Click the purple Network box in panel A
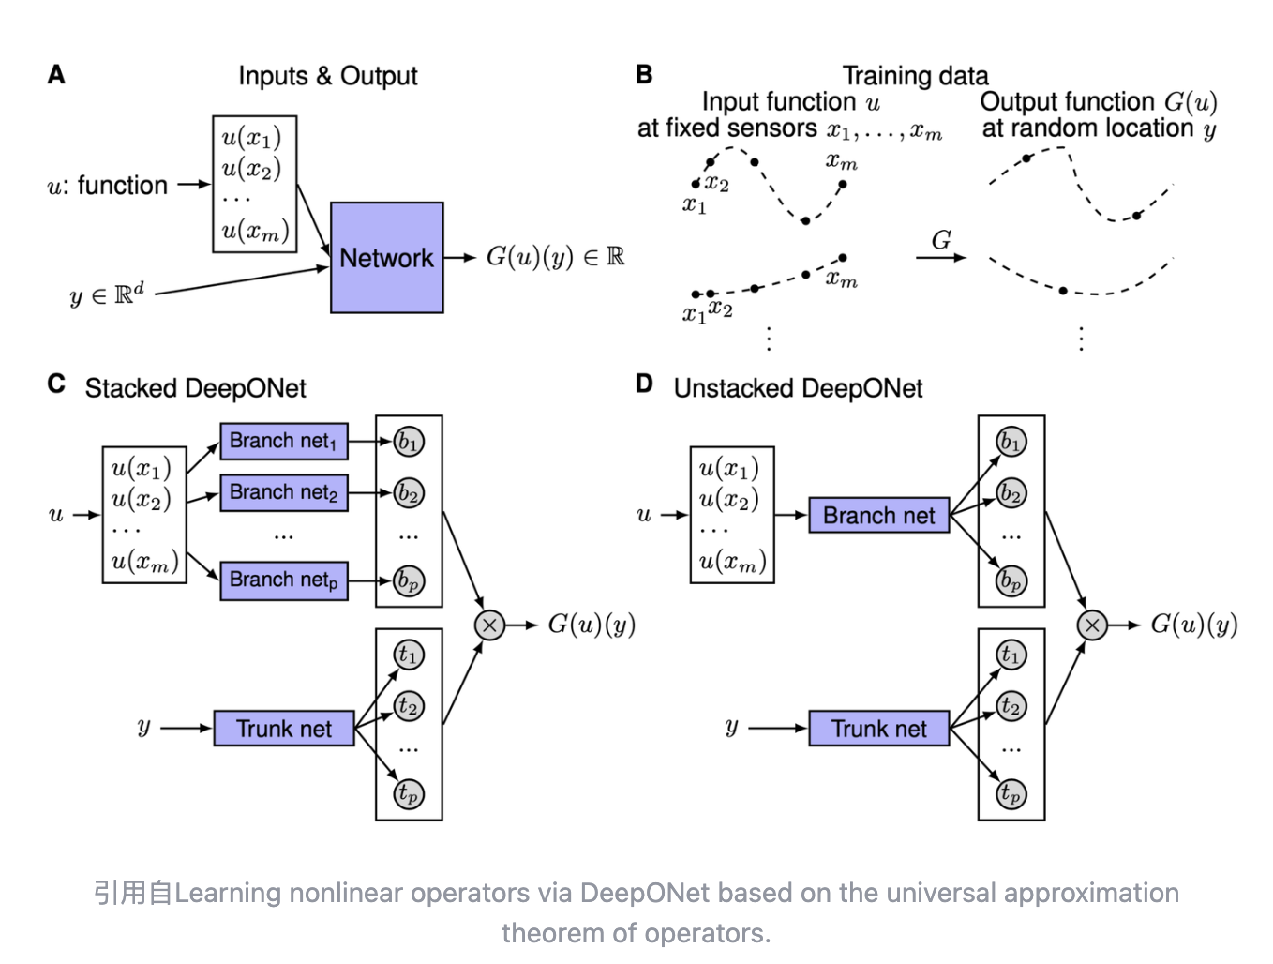386,258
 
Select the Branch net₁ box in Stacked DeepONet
284,441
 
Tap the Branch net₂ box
284,492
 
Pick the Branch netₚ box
284,580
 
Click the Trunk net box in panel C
284,729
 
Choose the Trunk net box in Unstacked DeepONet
878,729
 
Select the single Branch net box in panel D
878,516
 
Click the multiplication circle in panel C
489,625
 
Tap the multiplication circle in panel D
1092,625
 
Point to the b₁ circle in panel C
409,442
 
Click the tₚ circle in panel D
1011,793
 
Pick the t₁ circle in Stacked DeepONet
409,655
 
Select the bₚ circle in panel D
1011,580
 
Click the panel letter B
644,75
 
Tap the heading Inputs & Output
327,76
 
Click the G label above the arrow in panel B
941,240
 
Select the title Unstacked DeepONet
798,388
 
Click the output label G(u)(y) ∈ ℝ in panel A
555,257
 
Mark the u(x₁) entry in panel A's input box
251,138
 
